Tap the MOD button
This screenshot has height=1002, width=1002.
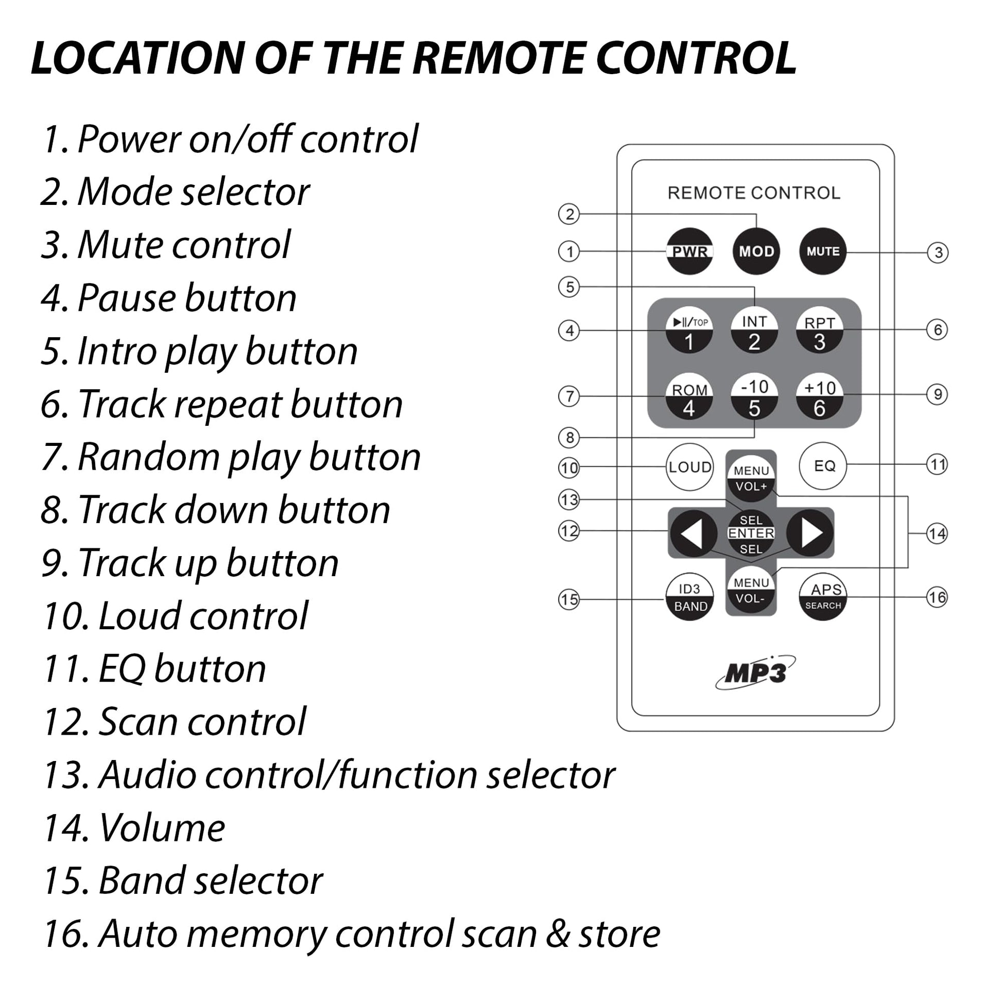point(756,252)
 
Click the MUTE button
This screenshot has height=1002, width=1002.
point(822,252)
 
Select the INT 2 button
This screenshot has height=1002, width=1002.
point(754,333)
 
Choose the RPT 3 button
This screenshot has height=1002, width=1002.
point(819,333)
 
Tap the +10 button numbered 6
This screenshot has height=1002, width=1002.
point(819,398)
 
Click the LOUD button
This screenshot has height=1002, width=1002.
point(690,468)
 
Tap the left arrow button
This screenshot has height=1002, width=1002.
point(693,533)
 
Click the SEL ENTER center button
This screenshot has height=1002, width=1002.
point(751,533)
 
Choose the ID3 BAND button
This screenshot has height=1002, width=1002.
point(690,597)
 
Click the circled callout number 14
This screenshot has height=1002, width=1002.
point(937,533)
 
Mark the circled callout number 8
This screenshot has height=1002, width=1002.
point(569,438)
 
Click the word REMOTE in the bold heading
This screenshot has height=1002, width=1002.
point(500,58)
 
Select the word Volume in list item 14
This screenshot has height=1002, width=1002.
point(162,828)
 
